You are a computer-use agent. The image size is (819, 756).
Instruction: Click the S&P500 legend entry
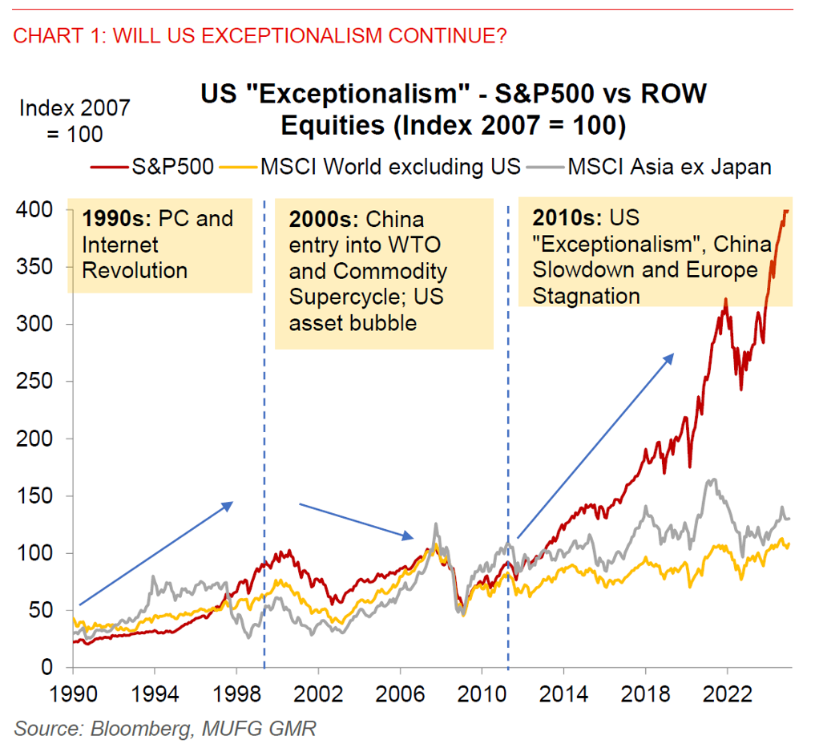164,167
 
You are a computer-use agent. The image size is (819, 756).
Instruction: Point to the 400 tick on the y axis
36,209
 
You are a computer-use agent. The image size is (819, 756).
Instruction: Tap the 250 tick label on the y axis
36,382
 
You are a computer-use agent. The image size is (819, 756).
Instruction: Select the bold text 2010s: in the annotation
567,219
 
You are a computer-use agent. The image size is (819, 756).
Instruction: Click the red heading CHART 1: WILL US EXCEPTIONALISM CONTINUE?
260,36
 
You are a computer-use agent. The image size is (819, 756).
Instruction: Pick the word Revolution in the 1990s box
135,270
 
